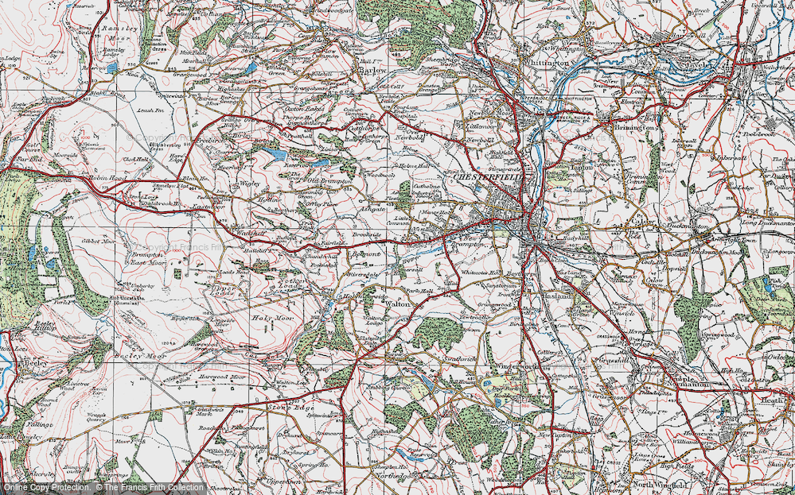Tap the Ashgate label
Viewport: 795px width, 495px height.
tap(373, 209)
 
